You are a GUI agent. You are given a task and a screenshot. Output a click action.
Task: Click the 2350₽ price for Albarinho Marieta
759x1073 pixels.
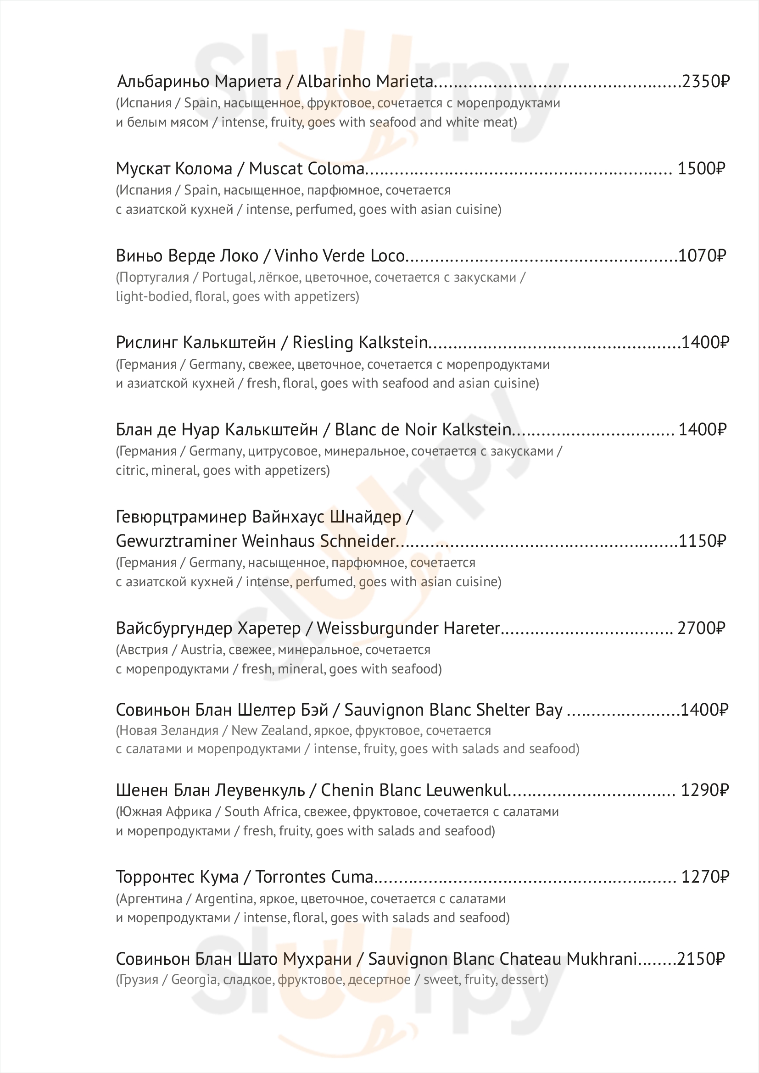pyautogui.click(x=705, y=82)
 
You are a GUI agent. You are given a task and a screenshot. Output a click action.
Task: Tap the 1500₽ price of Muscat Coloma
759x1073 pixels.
pyautogui.click(x=701, y=169)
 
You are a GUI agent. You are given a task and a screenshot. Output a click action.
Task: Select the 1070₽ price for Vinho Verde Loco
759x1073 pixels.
pyautogui.click(x=702, y=256)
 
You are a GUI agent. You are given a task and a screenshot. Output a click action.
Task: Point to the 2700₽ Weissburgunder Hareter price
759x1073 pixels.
pyautogui.click(x=701, y=628)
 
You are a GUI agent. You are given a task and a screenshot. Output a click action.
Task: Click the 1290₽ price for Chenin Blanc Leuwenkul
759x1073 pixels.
pyautogui.click(x=704, y=790)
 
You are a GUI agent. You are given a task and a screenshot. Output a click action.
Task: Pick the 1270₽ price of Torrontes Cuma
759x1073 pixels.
pyautogui.click(x=705, y=877)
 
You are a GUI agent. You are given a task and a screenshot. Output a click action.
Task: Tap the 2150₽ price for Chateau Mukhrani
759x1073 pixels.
pyautogui.click(x=701, y=959)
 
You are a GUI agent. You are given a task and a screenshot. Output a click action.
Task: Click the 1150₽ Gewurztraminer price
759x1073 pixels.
pyautogui.click(x=702, y=541)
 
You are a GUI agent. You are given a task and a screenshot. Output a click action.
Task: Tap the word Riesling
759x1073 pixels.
pyautogui.click(x=323, y=343)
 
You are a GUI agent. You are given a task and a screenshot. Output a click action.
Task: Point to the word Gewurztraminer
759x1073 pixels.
pyautogui.click(x=176, y=541)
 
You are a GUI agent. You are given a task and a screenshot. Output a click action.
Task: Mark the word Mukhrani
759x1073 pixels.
pyautogui.click(x=602, y=959)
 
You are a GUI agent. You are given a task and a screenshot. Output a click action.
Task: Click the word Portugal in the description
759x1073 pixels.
pyautogui.click(x=227, y=278)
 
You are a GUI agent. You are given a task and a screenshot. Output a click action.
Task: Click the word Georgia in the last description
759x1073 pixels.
pyautogui.click(x=194, y=979)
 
